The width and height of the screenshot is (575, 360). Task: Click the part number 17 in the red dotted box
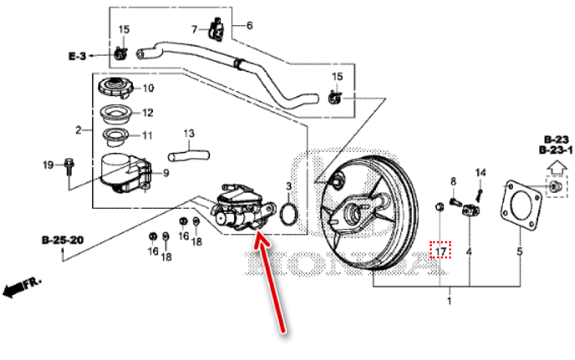pos(441,251)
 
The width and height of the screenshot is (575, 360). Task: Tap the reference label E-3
pos(77,56)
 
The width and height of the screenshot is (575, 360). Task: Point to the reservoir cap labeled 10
pos(117,88)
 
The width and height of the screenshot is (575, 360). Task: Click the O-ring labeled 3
pos(289,213)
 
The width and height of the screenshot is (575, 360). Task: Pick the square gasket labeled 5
pos(521,201)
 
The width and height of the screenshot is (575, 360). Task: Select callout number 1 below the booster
pos(449,301)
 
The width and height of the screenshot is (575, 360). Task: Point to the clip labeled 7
pos(217,29)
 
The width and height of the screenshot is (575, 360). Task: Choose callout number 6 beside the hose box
pos(250,25)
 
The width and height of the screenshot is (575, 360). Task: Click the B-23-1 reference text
pos(555,151)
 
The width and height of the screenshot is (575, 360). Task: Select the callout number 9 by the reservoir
pos(166,172)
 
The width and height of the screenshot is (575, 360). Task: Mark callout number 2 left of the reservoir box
pos(79,131)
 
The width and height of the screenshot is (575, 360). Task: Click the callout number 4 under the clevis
pos(469,251)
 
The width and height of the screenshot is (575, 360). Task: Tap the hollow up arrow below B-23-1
pos(555,167)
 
